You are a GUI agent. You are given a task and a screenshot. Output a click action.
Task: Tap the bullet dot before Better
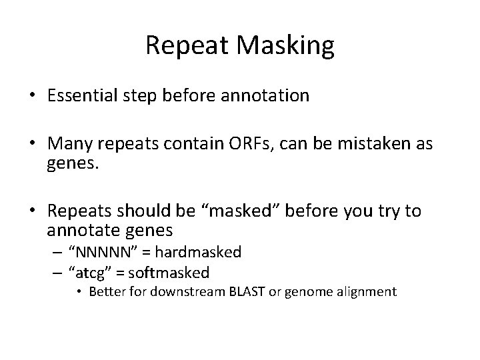(x=79, y=292)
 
